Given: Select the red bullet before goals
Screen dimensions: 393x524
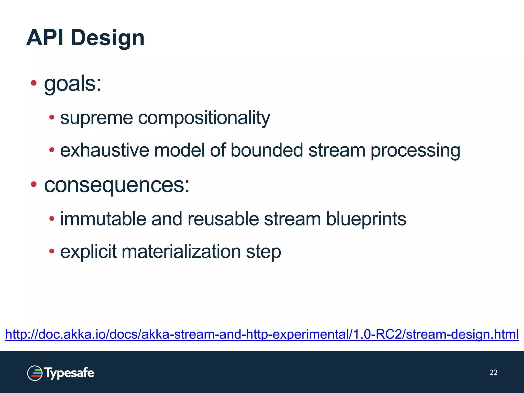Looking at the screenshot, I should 34,83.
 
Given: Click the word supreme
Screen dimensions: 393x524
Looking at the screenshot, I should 96,118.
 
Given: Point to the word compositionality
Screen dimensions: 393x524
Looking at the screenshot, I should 204,118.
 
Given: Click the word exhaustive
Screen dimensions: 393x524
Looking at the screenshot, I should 104,150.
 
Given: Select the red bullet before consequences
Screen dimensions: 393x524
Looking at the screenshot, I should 34,184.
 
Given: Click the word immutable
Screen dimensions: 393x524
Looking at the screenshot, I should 103,219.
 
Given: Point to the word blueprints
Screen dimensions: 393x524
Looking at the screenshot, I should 366,220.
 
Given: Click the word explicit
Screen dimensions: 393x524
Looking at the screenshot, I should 88,252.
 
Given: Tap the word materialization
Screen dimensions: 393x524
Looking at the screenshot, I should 181,252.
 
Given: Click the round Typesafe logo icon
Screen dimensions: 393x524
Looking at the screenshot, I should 35,373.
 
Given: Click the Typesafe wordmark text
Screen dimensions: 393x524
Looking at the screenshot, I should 69,373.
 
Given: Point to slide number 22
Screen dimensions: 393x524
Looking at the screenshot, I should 494,372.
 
